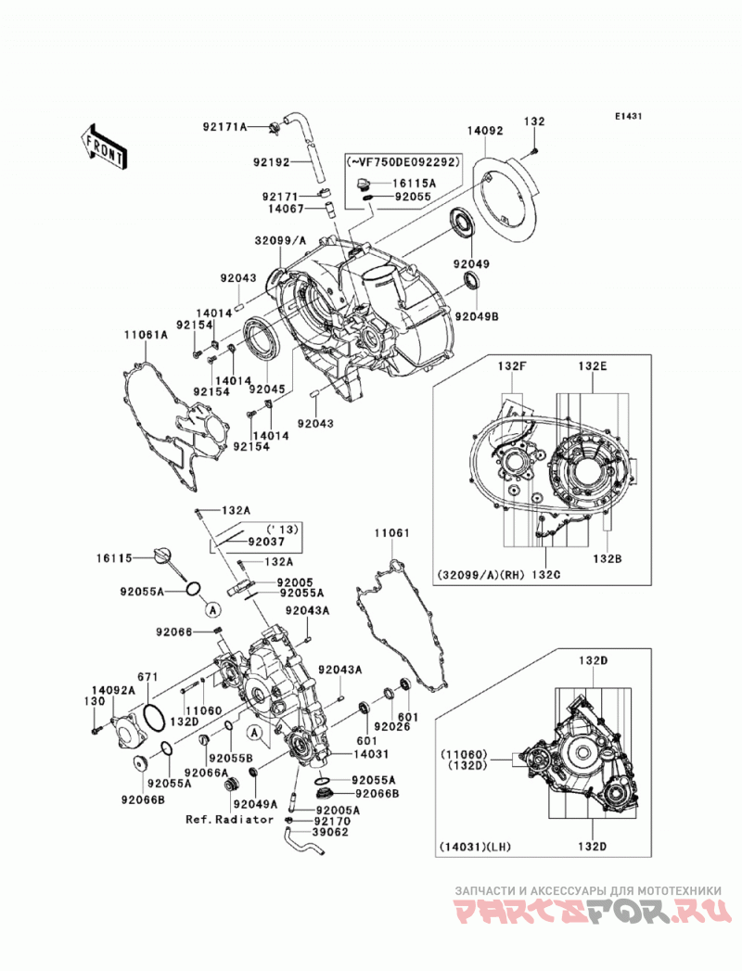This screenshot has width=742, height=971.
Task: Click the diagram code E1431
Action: point(629,116)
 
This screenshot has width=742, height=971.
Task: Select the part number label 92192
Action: point(271,163)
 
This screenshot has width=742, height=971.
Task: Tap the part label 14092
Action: point(485,131)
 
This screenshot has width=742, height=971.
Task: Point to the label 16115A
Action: point(413,184)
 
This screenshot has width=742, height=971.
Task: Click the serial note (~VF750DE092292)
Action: point(403,162)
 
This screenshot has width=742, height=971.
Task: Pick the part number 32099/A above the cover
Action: point(281,239)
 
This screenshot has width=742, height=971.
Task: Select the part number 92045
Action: point(266,390)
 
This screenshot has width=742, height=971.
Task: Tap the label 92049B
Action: point(477,316)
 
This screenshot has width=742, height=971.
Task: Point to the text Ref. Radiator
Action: point(230,819)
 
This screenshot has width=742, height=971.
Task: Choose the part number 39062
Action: point(331,832)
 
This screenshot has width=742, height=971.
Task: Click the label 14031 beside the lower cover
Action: point(372,754)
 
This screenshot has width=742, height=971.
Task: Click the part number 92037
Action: point(266,542)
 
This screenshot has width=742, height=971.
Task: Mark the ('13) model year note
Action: point(282,530)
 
